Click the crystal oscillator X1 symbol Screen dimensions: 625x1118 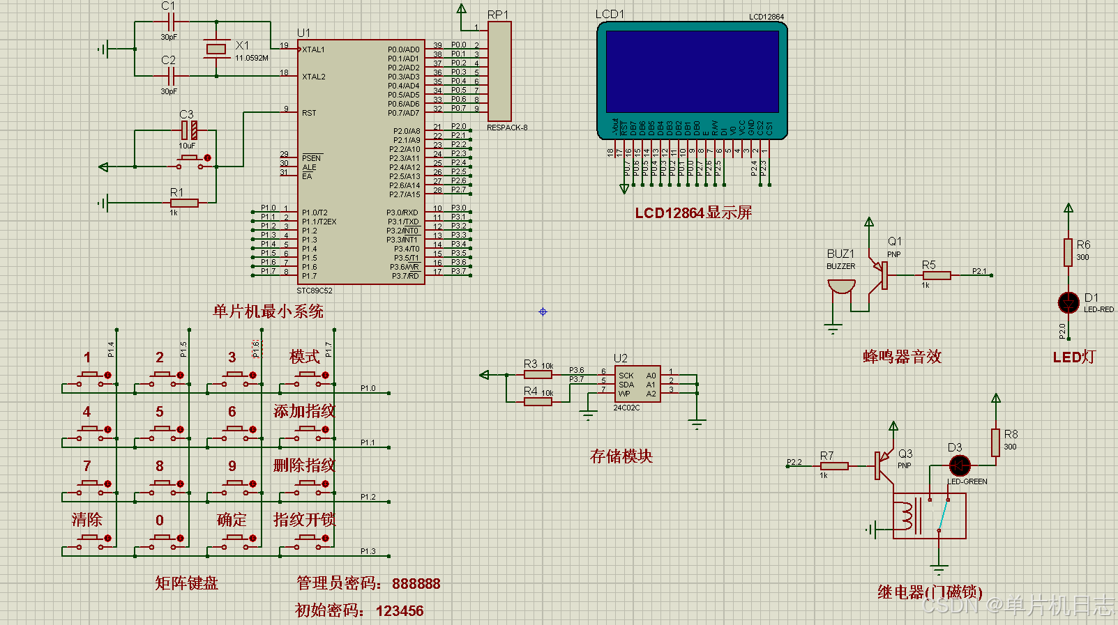216,48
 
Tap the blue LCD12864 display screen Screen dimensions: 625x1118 692,72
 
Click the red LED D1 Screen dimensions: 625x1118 1068,302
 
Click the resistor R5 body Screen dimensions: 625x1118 936,275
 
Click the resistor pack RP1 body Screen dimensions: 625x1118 499,72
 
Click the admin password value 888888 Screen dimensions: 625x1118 416,584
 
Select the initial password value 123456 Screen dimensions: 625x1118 400,611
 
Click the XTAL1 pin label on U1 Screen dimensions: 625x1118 313,49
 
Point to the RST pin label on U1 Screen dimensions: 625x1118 309,113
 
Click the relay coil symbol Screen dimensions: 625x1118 906,516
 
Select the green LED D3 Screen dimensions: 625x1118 960,465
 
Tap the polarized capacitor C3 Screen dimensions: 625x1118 189,130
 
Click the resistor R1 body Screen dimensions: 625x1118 184,203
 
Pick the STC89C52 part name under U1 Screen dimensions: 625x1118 315,291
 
